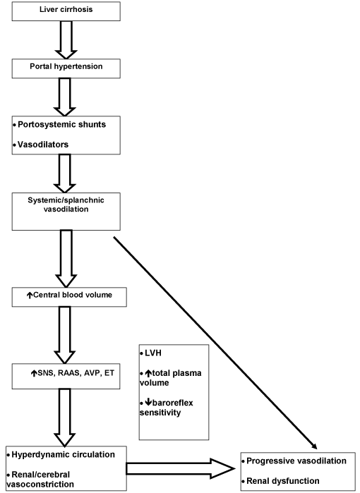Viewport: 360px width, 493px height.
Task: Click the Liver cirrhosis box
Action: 66,11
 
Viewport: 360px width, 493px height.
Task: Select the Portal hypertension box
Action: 66,68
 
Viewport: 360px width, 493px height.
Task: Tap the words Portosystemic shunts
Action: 61,125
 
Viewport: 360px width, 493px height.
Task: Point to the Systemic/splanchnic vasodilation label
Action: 66,205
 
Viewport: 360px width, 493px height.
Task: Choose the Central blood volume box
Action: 69,297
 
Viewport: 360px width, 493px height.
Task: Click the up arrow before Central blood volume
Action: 29,296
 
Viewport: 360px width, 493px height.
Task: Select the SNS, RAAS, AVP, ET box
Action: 66,377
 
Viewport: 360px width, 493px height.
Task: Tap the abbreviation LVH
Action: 153,353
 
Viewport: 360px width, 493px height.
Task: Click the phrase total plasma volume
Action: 171,378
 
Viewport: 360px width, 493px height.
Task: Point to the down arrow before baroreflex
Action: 148,403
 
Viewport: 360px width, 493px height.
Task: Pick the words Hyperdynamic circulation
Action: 64,455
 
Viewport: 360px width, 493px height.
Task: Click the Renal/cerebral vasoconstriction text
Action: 40,479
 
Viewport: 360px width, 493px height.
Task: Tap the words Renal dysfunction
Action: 283,481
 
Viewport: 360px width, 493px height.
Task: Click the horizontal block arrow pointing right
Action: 181,469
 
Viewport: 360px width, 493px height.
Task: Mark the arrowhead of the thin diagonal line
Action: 314,446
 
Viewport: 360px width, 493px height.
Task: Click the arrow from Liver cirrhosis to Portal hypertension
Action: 66,40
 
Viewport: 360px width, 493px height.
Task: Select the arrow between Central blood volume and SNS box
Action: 65,335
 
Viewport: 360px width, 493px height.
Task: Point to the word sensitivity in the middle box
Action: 160,412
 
